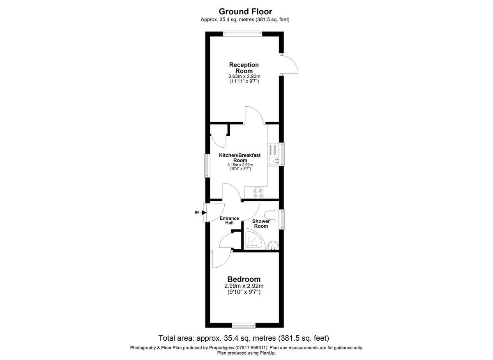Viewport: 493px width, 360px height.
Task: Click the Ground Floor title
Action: (245, 11)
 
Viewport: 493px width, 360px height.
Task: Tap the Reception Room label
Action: (244, 68)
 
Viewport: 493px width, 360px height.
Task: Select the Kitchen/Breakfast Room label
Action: (240, 158)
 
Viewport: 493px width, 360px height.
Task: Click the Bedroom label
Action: (244, 280)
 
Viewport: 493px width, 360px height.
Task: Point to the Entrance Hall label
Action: (229, 220)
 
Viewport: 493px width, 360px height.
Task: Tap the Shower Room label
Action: (261, 224)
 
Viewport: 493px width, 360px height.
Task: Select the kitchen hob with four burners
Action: (258, 193)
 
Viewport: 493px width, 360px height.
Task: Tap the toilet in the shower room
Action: (271, 215)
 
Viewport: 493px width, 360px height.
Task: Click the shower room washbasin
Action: (272, 245)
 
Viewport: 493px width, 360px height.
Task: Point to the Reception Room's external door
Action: (290, 63)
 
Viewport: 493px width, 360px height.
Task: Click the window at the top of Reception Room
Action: (242, 34)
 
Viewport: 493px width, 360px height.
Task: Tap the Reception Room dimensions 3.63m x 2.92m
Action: (244, 76)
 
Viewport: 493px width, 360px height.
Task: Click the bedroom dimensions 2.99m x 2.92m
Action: (244, 286)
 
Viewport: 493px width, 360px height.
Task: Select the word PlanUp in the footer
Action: (267, 353)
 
